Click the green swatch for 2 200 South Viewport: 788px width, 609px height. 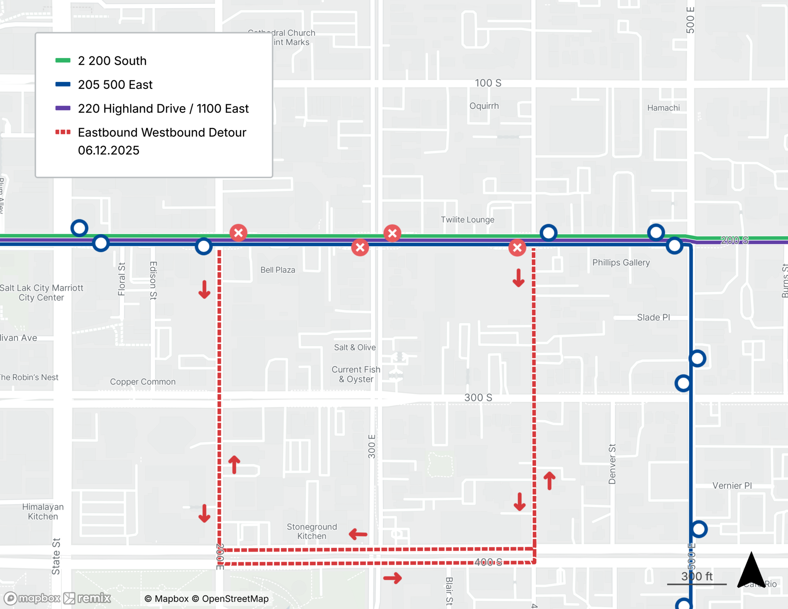tap(63, 61)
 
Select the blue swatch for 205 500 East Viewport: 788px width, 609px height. tap(63, 84)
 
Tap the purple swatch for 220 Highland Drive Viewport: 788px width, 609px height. tap(63, 108)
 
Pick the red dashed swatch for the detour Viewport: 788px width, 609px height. tap(63, 132)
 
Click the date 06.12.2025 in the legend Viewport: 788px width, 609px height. tap(109, 151)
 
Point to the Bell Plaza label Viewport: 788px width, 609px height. tap(278, 270)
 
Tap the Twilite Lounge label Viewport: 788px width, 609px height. tap(467, 220)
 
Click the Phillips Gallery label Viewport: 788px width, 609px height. tap(621, 263)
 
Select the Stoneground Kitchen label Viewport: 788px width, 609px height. tap(312, 531)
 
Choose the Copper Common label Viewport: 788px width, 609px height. tap(143, 382)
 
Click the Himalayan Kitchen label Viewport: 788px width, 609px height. tap(43, 512)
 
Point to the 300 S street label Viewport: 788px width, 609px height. tap(478, 397)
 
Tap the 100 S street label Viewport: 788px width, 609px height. tap(488, 83)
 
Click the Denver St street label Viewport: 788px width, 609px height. tap(612, 464)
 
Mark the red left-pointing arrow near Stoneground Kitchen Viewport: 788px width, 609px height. tap(358, 535)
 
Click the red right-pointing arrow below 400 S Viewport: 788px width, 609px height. tap(392, 578)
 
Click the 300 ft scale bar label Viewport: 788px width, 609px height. tap(697, 577)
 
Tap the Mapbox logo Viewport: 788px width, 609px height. tap(32, 598)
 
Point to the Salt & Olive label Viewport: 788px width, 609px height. tap(355, 347)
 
